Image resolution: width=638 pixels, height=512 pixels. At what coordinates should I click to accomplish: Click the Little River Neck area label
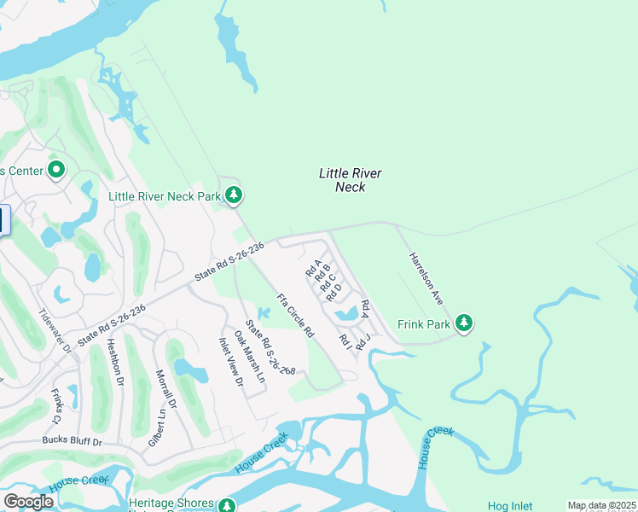(350, 180)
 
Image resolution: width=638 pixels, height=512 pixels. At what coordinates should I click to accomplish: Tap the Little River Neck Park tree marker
(234, 196)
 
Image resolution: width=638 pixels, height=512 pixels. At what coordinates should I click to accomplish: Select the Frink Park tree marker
(463, 323)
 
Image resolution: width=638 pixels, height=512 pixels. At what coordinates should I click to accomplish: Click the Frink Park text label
(423, 324)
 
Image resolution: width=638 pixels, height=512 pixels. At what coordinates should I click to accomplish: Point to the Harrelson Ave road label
(426, 278)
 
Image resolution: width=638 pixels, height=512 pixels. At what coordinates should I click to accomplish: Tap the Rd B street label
(322, 273)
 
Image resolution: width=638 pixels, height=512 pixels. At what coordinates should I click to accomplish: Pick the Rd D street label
(333, 291)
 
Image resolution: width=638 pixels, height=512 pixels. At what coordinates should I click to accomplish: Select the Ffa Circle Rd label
(295, 315)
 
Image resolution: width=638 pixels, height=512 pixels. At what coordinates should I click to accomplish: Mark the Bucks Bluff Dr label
(72, 442)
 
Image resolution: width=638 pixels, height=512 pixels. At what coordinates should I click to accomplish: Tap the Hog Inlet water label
(510, 506)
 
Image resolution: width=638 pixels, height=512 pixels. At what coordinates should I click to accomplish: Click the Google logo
(28, 501)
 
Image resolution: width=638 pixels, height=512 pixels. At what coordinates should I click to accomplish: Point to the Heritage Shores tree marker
(226, 506)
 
